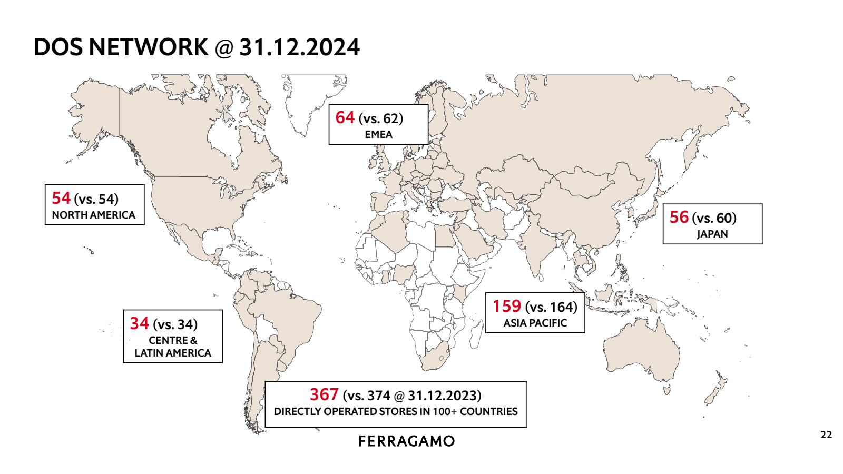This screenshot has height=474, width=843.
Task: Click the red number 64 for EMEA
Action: (x=345, y=117)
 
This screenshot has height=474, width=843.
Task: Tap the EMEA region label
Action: (x=378, y=134)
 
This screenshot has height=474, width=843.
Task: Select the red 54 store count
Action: (x=61, y=198)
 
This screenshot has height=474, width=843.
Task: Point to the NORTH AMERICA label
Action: (x=94, y=215)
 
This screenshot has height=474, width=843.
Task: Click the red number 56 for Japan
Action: (x=679, y=217)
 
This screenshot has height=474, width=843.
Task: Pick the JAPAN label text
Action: (x=712, y=234)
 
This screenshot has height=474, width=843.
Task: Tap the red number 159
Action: (x=507, y=306)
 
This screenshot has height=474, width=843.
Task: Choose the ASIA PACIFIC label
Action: (x=535, y=323)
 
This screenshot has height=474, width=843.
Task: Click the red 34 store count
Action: (x=140, y=323)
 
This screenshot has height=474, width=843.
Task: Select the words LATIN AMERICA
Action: (x=173, y=353)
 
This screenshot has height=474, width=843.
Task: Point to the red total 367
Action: (x=324, y=394)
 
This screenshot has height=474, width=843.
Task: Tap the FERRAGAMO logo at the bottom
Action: (x=406, y=441)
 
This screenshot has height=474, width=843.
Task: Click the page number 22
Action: (x=826, y=434)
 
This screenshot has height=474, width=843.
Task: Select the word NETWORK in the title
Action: (x=148, y=47)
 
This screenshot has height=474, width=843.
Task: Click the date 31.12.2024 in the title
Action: (x=299, y=47)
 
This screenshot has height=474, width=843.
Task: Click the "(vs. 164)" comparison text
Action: (x=551, y=307)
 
